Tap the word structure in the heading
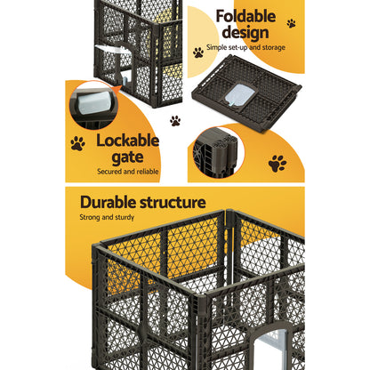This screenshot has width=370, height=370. coord(174,203)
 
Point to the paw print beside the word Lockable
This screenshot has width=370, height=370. coord(77,142)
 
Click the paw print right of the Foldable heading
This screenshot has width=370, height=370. coord(291,23)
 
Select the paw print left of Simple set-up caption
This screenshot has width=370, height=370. coord(197,52)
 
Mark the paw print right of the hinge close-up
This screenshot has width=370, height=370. coord(277,163)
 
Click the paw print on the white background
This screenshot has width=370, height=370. coord(174,120)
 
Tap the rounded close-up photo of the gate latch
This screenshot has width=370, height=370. coord(94,105)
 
